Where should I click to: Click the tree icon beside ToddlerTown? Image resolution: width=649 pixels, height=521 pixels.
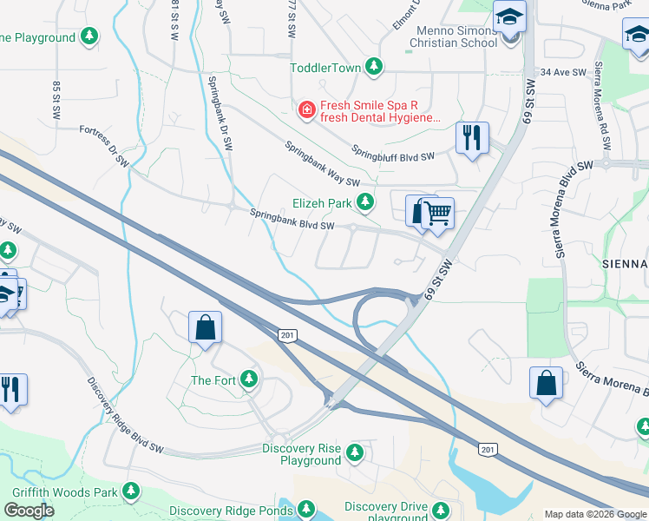click(x=374, y=66)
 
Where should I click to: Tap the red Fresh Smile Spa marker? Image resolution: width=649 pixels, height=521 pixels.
click(x=305, y=109)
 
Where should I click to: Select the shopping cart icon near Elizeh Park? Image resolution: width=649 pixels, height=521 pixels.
click(x=438, y=212)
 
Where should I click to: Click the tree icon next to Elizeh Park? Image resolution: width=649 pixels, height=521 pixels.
click(x=366, y=202)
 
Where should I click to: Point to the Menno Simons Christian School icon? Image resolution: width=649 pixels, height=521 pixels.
click(x=509, y=16)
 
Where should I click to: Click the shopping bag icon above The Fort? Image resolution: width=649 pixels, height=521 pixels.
click(x=206, y=328)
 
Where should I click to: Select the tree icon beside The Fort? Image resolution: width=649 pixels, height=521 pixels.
click(x=249, y=379)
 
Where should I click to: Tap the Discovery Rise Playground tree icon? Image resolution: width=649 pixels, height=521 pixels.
click(x=354, y=452)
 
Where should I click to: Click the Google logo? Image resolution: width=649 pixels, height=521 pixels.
click(x=29, y=511)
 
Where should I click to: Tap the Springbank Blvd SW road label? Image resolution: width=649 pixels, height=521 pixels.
click(x=292, y=220)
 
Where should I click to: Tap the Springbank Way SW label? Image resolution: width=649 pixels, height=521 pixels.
click(x=322, y=163)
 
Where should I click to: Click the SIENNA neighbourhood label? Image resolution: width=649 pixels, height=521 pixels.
click(x=625, y=263)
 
